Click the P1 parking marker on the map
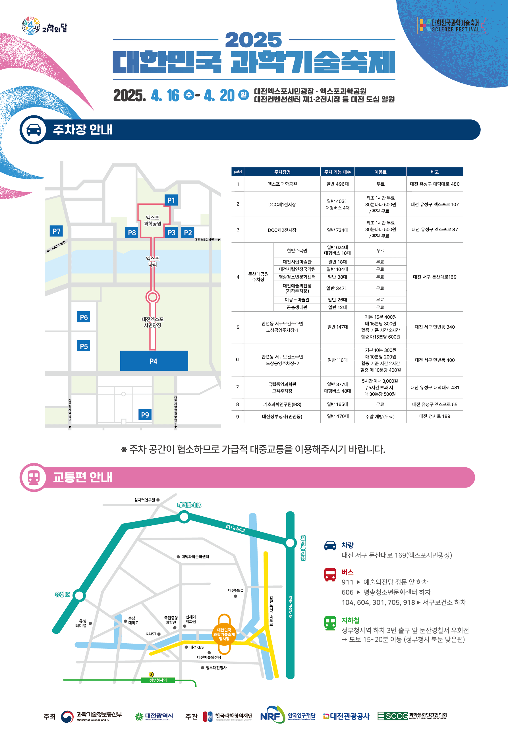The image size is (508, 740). tap(171, 200)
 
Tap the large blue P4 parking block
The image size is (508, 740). tap(154, 361)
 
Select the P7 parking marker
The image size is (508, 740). tap(56, 231)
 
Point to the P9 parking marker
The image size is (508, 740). tap(145, 414)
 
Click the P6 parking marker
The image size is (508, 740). tap(84, 317)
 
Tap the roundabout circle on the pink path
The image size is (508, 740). tap(153, 297)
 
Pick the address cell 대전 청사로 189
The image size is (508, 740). tap(434, 416)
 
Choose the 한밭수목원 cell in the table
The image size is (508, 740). tap(297, 250)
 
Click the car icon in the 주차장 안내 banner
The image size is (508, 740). tap(34, 130)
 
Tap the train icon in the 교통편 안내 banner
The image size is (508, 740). tap(34, 477)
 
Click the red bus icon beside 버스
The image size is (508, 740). tap(330, 575)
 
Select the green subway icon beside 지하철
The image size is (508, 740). tap(330, 623)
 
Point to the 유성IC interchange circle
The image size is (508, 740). tap(79, 595)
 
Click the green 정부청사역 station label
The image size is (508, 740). tap(158, 681)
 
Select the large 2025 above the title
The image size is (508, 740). tap(253, 40)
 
